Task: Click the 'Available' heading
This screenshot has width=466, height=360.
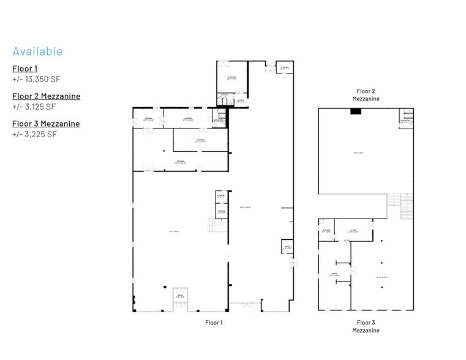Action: [37, 51]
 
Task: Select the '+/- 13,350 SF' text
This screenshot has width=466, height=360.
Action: [36, 80]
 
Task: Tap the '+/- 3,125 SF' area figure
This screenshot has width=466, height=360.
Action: [34, 107]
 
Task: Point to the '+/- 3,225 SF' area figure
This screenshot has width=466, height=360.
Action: [34, 134]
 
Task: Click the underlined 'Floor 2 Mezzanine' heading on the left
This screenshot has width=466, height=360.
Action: [46, 96]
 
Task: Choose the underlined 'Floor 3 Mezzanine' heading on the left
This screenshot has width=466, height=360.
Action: [46, 124]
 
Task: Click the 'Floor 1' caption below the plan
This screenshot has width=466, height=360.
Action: [213, 322]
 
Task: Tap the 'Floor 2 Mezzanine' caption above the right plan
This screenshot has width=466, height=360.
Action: [366, 94]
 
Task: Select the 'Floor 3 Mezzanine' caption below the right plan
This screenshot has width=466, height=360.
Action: [366, 326]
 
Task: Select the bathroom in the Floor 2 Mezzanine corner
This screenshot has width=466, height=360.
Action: [405, 119]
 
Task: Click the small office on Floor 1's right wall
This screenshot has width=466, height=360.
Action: [286, 247]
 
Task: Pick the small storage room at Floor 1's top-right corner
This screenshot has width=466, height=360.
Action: [284, 69]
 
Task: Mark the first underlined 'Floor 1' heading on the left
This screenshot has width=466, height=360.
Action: [24, 69]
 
